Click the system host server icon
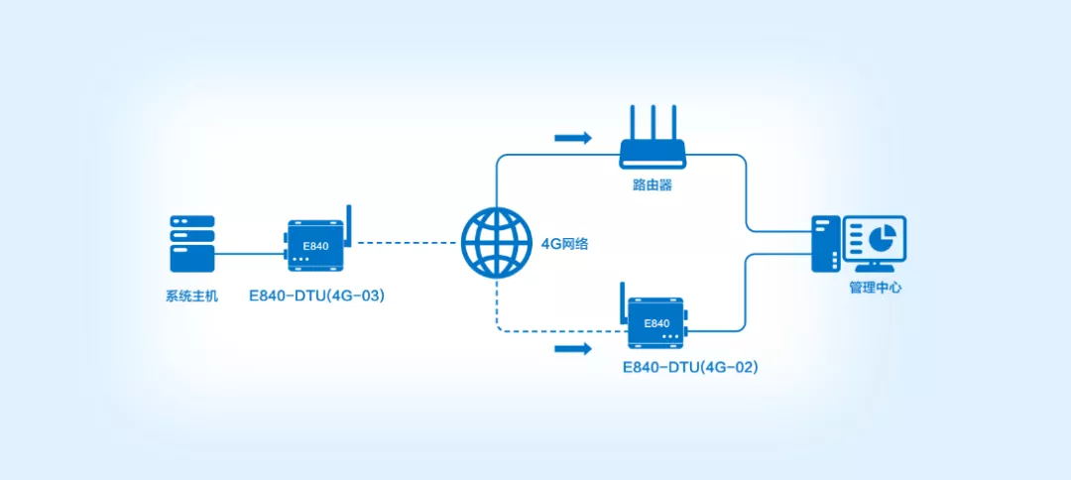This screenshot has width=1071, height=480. tap(191, 244)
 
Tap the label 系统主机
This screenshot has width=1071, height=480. tap(191, 296)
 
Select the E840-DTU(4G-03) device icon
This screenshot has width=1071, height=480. tap(316, 244)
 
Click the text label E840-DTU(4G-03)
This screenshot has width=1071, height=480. tap(317, 296)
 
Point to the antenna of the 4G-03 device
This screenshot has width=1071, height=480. tap(349, 222)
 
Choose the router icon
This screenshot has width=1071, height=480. tap(653, 152)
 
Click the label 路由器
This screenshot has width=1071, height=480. tap(653, 185)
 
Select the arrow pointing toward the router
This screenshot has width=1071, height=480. tap(573, 137)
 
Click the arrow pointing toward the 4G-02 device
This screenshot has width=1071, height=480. tap(573, 348)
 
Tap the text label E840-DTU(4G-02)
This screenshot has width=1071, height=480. tap(690, 368)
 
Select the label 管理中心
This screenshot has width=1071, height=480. tap(876, 289)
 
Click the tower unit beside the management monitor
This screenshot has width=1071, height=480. tap(825, 244)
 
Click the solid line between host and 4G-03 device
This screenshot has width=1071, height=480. tap(248, 254)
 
